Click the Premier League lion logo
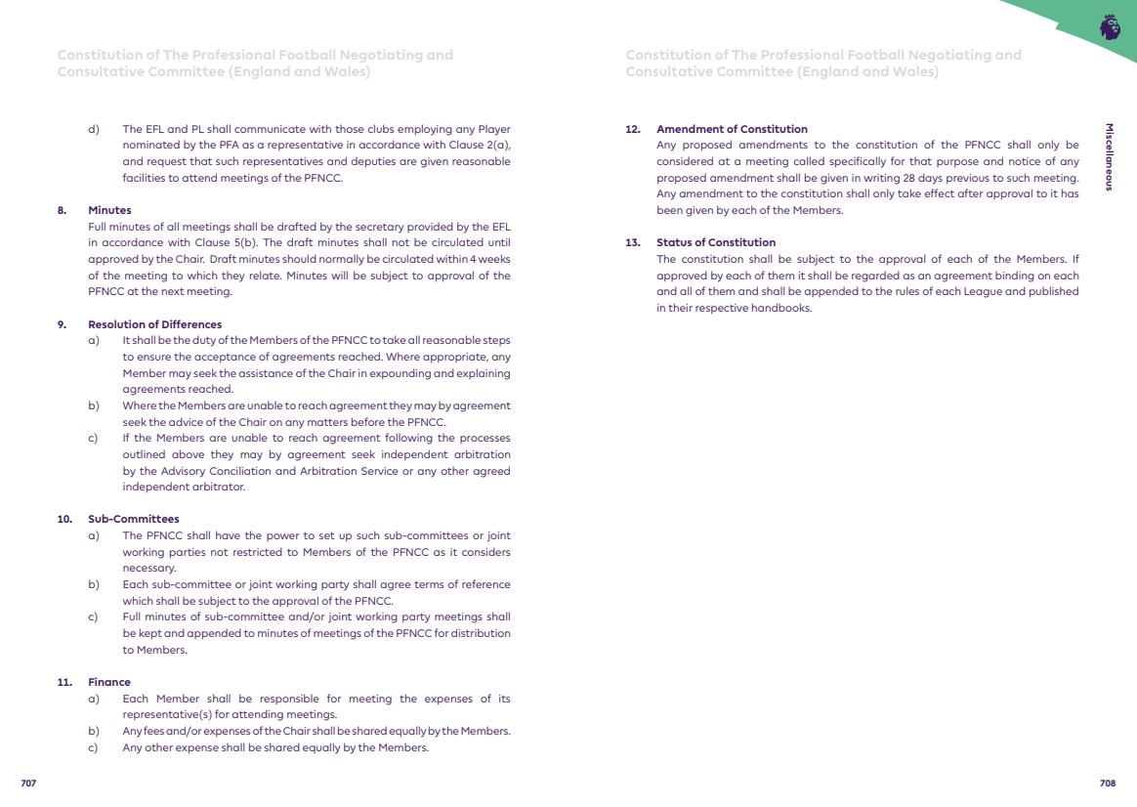tap(1110, 27)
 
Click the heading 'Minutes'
tap(109, 210)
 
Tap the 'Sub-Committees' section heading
tap(134, 519)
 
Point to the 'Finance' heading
tap(109, 682)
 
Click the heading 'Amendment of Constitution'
tap(732, 129)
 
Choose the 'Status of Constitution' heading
tap(716, 242)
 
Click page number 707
tap(28, 784)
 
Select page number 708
tap(1107, 784)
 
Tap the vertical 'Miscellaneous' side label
tap(1109, 156)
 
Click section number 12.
tap(632, 129)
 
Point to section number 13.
tap(632, 242)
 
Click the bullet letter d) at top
tap(94, 129)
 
